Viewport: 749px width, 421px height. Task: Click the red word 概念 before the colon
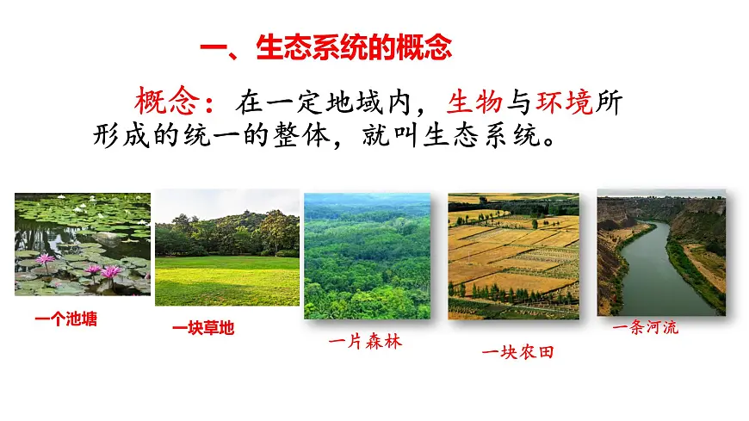click(163, 102)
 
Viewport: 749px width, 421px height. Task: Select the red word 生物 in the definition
click(474, 102)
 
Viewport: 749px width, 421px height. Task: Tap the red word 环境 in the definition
click(565, 102)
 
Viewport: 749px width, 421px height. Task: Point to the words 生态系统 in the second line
click(464, 136)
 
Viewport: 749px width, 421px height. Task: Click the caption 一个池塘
click(66, 319)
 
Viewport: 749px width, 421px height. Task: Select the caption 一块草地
click(202, 328)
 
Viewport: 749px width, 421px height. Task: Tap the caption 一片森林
click(365, 342)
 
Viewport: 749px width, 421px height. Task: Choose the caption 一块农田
click(517, 351)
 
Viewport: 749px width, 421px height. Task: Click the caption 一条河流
click(645, 327)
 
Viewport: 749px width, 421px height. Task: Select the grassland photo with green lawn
click(227, 247)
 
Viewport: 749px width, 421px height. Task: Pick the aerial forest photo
click(367, 256)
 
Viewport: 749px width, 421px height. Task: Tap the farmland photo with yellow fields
click(513, 256)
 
